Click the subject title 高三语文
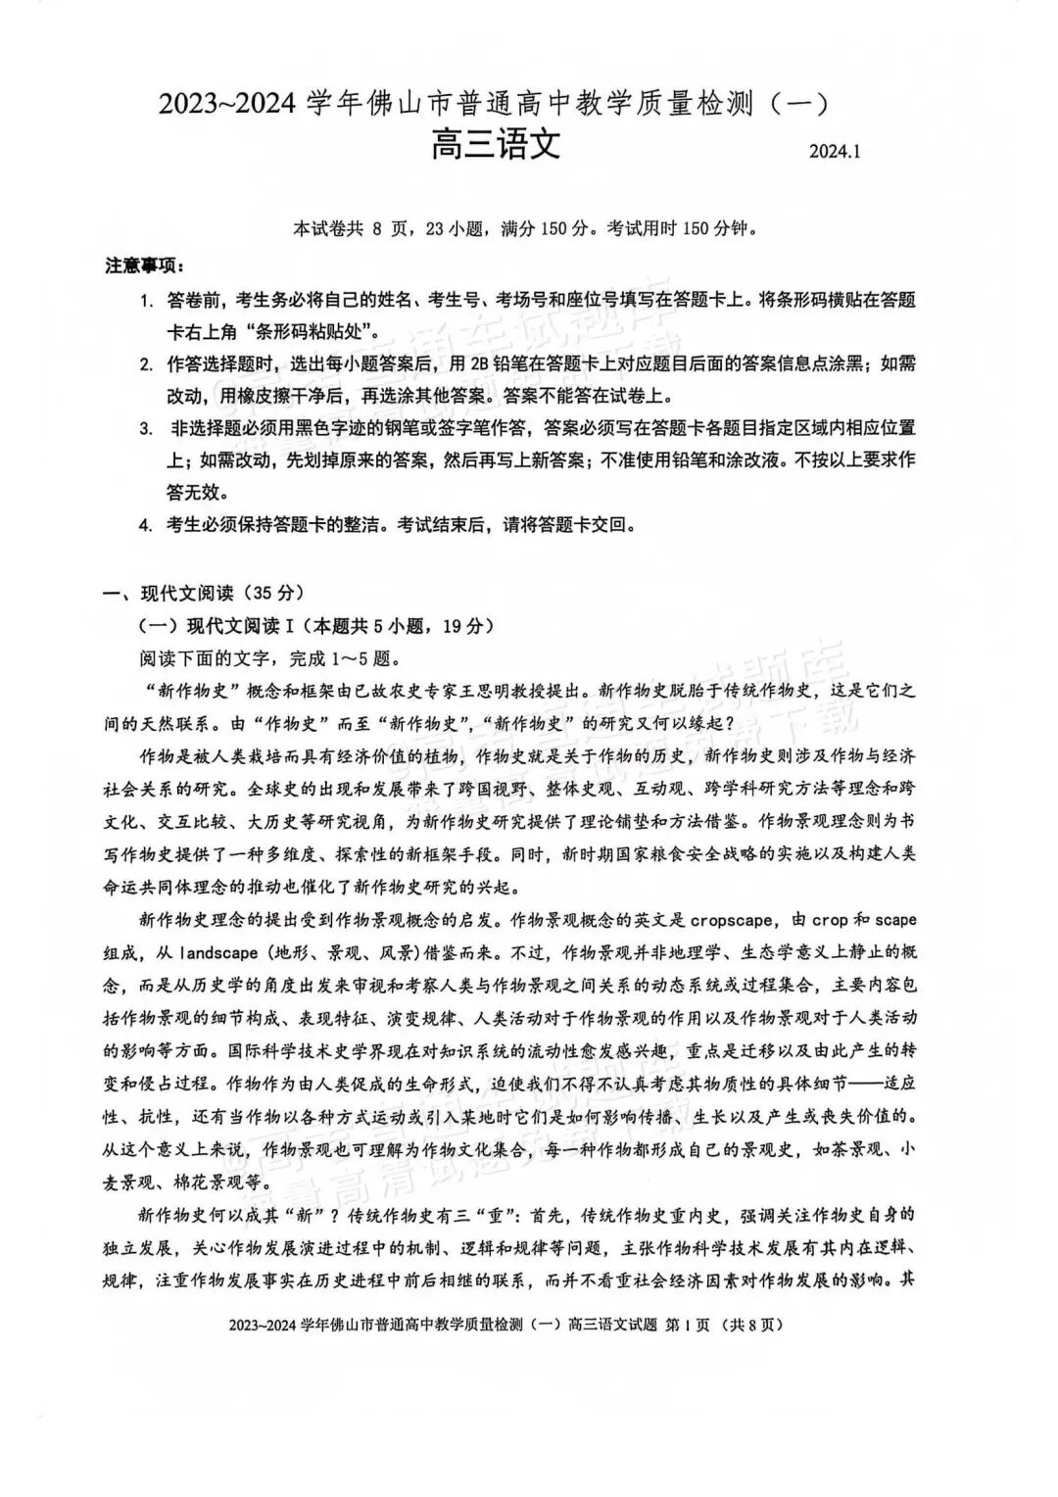pos(496,147)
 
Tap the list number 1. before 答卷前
pos(146,300)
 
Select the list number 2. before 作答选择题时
pos(146,364)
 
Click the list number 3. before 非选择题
pos(146,428)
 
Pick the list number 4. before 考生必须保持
pos(146,524)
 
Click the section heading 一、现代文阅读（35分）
pos(205,593)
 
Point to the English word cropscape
pos(734,920)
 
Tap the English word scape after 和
pos(895,920)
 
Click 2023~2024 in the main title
pos(227,103)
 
